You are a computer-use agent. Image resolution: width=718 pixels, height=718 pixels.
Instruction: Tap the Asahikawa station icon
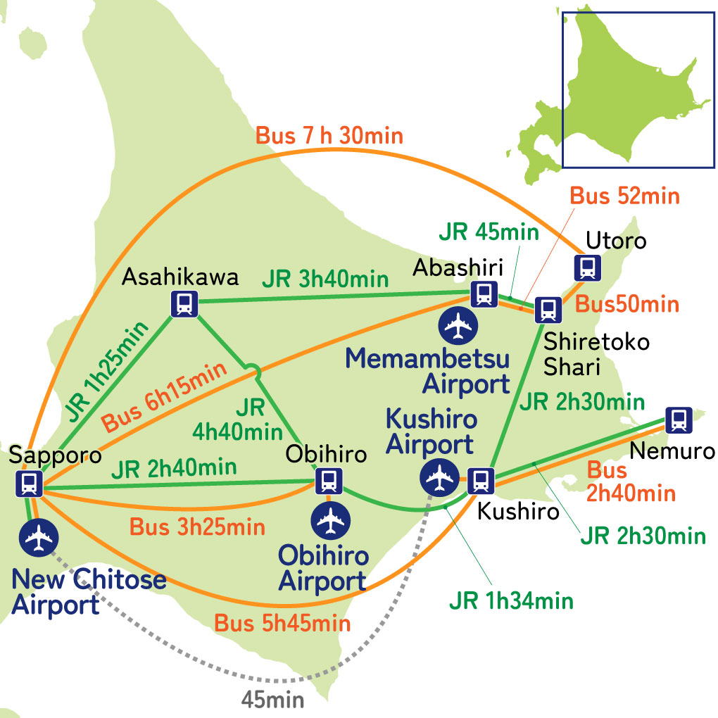(184, 303)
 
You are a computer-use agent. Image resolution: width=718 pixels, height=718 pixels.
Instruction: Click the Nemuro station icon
(678, 420)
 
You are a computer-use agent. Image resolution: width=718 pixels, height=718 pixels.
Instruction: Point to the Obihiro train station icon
(327, 481)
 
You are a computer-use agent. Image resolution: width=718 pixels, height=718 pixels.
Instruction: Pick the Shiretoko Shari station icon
(547, 309)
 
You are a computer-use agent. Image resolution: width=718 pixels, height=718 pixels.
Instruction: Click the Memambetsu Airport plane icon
(458, 325)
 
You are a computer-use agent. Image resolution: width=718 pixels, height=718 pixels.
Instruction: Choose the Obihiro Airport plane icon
(330, 520)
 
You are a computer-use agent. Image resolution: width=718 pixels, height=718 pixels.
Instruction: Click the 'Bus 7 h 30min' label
(329, 135)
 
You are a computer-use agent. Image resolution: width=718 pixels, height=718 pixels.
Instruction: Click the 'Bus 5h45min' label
(282, 623)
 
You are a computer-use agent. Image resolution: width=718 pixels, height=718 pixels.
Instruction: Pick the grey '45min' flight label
(272, 700)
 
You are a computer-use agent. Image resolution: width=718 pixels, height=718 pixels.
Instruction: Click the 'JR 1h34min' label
(511, 601)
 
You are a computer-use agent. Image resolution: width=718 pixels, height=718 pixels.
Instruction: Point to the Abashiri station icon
(484, 293)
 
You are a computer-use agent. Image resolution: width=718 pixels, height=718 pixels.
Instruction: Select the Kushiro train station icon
(481, 480)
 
